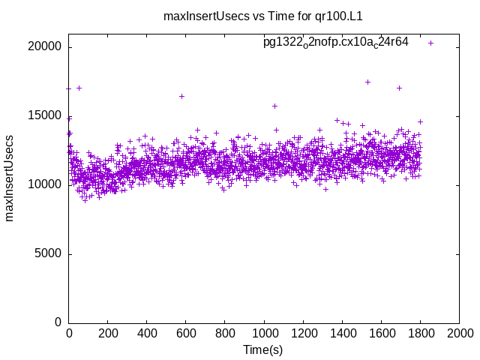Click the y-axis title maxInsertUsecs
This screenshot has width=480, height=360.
pos(10,178)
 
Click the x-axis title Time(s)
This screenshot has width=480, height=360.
pos(262,349)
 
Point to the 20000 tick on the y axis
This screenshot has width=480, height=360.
pos(46,46)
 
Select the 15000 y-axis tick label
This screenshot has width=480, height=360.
pos(46,115)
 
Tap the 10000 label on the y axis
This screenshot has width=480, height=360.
pos(46,184)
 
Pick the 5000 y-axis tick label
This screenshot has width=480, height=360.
pos(49,253)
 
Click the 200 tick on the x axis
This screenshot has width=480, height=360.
pos(108,333)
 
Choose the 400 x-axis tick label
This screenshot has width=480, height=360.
pos(147,333)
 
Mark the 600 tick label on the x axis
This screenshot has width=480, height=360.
pos(186,333)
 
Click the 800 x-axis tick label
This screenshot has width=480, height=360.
pos(225,333)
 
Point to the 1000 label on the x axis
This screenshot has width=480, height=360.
pos(264,333)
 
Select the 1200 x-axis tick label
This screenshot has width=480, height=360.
pos(303,333)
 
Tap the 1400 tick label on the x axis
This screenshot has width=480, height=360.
pos(342,333)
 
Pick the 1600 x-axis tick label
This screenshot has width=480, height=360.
pos(381,333)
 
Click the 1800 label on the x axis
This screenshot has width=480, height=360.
pos(420,333)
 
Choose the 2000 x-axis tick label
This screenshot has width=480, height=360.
pos(459,333)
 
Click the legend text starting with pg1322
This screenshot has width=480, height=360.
pos(335,42)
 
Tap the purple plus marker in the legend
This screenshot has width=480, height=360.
pos(431,43)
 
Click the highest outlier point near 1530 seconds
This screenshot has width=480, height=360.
pos(367,82)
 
